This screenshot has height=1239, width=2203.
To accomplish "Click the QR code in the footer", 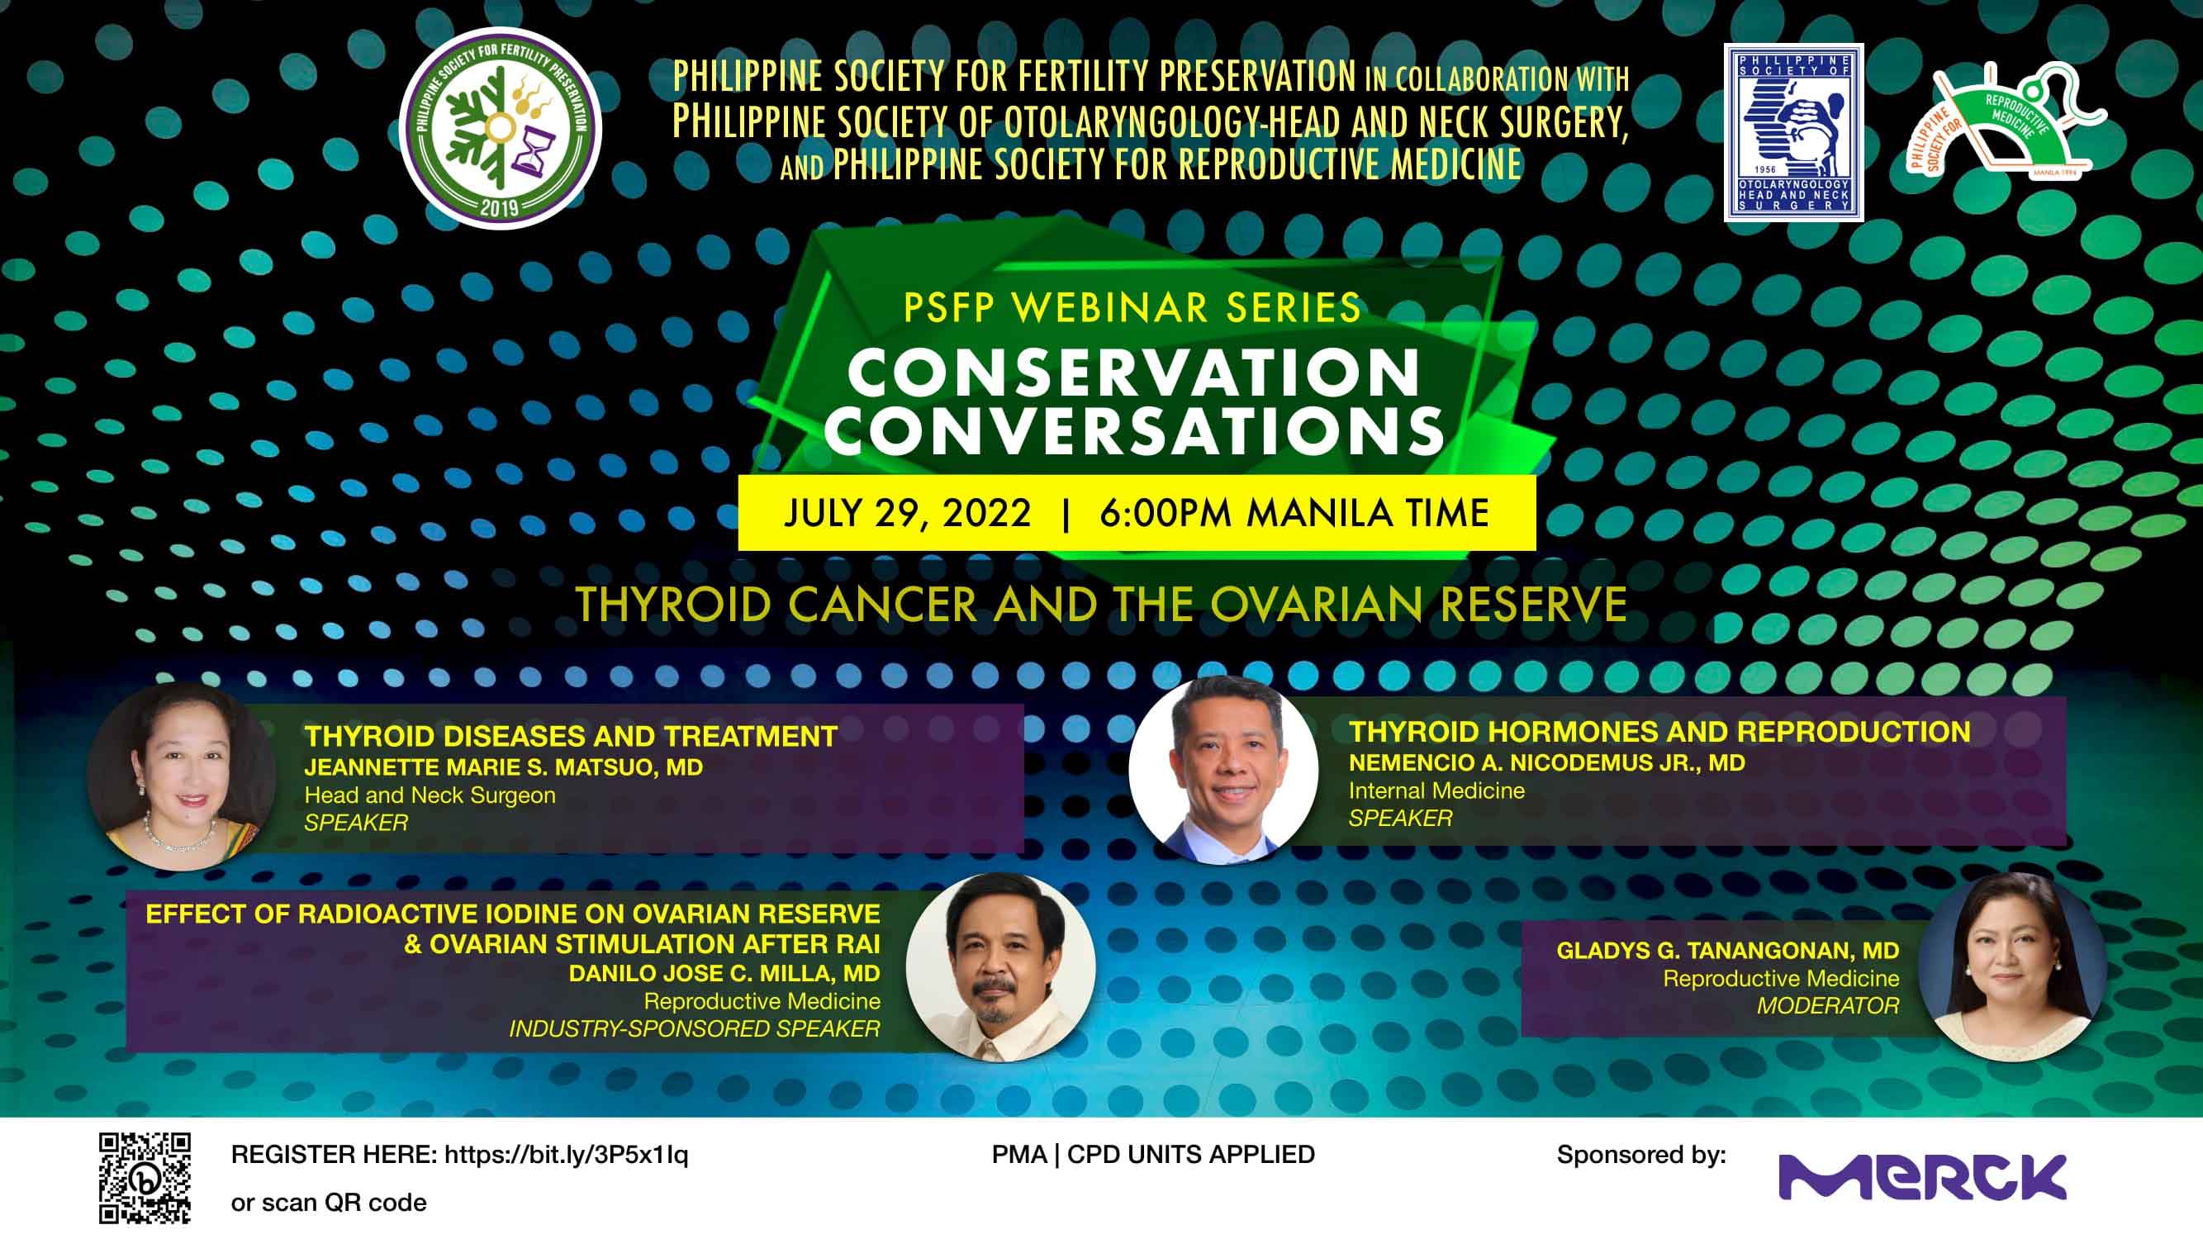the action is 145,1177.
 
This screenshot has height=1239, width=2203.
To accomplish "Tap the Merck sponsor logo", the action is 1922,1176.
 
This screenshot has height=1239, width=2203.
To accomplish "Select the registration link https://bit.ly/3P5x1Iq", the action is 566,1155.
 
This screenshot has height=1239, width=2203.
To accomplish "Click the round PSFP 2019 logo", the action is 501,128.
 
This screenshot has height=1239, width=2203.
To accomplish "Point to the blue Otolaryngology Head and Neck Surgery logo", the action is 1793,132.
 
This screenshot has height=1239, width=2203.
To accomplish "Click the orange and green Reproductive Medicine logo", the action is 2006,120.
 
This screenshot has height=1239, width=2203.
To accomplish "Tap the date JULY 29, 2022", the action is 907,513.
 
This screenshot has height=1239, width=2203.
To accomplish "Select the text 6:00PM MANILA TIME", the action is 1294,513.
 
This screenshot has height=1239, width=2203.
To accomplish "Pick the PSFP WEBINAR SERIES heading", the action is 1132,308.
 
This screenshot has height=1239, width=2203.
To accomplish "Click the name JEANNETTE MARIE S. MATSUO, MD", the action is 504,767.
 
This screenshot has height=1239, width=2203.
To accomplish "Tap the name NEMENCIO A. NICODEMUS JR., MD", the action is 1546,762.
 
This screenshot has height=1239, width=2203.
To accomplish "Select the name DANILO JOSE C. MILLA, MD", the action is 724,973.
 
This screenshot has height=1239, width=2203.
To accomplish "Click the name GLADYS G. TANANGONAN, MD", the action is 1727,950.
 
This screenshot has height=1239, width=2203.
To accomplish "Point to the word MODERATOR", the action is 1827,1005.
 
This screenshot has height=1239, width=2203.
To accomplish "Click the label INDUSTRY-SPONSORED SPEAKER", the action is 695,1028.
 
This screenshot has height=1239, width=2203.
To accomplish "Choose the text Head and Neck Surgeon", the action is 430,795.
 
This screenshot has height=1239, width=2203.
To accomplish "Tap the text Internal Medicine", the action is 1436,790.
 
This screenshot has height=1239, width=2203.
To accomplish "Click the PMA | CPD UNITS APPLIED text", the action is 1153,1155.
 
